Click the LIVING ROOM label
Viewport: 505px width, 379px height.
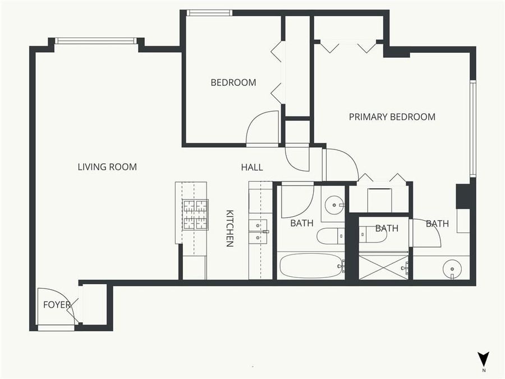click(x=107, y=167)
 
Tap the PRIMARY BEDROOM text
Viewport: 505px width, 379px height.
click(x=392, y=117)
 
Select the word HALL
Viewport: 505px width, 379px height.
click(x=251, y=167)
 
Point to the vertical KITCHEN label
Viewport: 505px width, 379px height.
click(x=229, y=228)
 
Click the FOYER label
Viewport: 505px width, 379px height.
click(x=57, y=305)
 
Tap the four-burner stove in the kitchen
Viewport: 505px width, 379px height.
click(x=195, y=214)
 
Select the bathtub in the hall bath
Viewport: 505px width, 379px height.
click(x=311, y=266)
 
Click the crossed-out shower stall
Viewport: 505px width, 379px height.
click(x=383, y=267)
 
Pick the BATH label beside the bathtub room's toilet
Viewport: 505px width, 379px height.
click(x=301, y=223)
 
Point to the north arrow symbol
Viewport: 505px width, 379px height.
click(x=483, y=359)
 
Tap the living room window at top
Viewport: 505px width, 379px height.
click(x=95, y=40)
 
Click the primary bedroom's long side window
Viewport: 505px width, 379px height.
click(x=472, y=129)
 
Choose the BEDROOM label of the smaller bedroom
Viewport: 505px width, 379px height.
click(x=233, y=83)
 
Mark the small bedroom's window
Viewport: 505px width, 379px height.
click(x=209, y=13)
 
